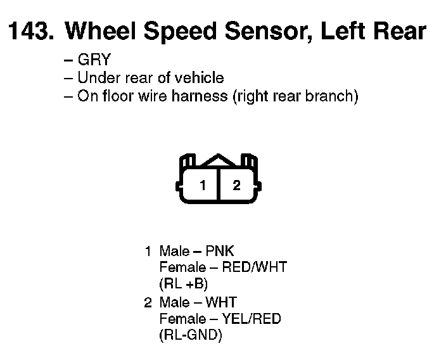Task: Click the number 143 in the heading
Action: click(x=29, y=31)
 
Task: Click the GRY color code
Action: click(x=94, y=61)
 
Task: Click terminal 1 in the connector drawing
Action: click(x=203, y=186)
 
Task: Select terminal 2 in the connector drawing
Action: click(x=236, y=186)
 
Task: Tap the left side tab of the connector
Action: click(x=178, y=186)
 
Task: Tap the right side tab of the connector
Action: click(x=259, y=186)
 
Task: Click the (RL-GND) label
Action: click(x=191, y=335)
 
